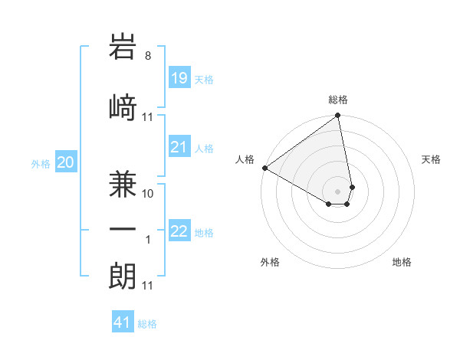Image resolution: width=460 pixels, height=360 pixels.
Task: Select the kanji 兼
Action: click(x=123, y=178)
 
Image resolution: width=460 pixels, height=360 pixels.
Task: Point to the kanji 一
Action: click(x=123, y=228)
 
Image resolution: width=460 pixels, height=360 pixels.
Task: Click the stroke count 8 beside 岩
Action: click(x=148, y=56)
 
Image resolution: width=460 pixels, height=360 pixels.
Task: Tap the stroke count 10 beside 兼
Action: click(x=148, y=194)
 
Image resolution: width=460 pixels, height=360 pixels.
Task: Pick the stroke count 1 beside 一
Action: click(x=148, y=240)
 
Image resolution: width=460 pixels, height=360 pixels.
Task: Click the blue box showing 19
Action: click(x=179, y=78)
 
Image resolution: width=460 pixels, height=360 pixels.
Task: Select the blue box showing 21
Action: click(x=179, y=147)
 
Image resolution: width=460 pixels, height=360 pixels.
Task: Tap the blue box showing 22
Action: click(x=179, y=231)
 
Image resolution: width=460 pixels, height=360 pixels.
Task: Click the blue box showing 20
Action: click(x=66, y=162)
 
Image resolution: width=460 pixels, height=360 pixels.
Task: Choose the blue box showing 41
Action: click(x=123, y=322)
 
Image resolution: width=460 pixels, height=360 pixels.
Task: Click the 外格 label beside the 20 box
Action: click(x=41, y=163)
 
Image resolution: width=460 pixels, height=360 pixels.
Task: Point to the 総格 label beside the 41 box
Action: click(x=147, y=324)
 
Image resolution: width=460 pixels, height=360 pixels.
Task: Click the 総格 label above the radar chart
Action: click(x=338, y=100)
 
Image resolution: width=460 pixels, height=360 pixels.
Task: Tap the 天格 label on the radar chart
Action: click(x=431, y=159)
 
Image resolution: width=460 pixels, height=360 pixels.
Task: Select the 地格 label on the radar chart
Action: click(x=402, y=262)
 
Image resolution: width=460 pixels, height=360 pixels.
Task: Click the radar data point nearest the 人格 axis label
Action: click(x=264, y=168)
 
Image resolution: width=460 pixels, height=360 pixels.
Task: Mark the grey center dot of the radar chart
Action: click(x=338, y=191)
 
